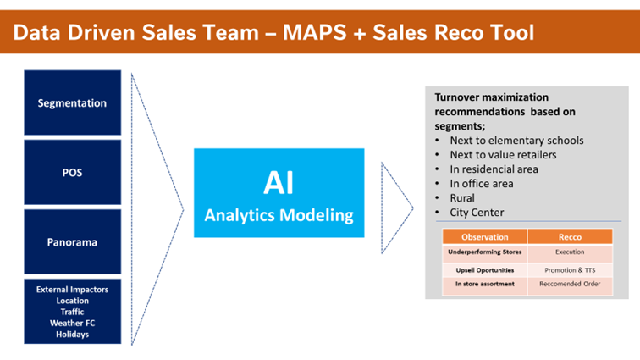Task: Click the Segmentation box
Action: tap(72, 103)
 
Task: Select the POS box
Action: tap(72, 173)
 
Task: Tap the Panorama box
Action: tap(72, 242)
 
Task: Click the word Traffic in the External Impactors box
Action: tap(72, 312)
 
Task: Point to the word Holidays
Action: tap(72, 334)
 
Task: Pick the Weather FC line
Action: tap(72, 323)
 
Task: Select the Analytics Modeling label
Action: tap(279, 215)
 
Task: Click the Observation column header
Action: tap(484, 237)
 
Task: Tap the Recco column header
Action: tap(570, 237)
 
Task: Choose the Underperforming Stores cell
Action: tap(484, 252)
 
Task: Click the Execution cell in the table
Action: tap(570, 252)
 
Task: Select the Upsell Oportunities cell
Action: tap(484, 269)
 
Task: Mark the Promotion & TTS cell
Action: tap(570, 269)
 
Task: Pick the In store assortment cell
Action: tap(484, 285)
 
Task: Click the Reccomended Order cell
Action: tap(570, 285)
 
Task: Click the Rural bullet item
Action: tap(464, 197)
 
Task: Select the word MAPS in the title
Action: tap(334, 32)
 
